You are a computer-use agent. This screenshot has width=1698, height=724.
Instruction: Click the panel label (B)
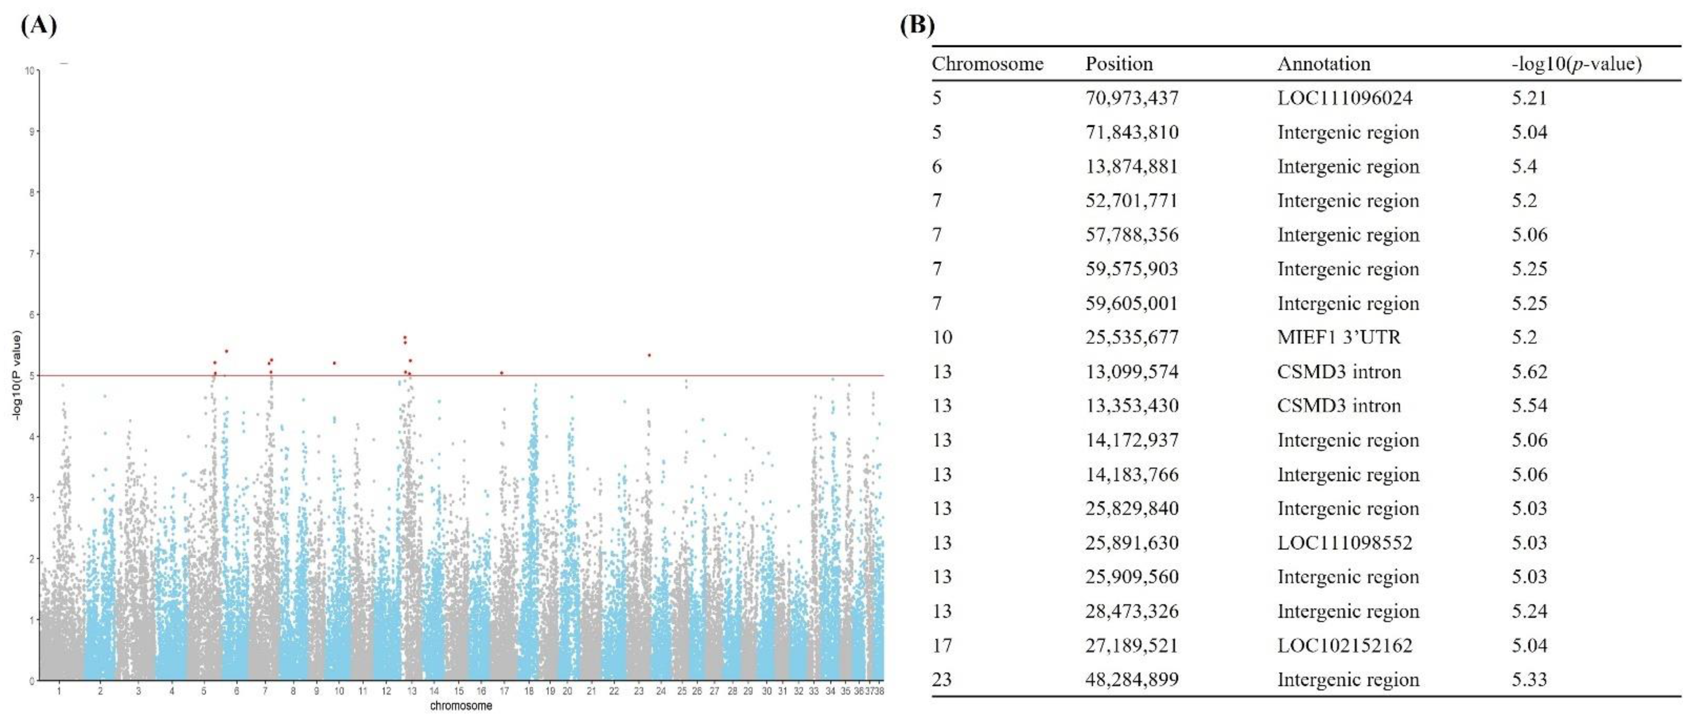[917, 26]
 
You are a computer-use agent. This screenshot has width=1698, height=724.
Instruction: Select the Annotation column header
[1324, 64]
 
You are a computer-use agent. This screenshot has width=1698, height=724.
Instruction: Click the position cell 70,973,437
[1131, 98]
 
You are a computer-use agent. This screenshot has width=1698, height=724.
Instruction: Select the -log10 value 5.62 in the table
[1529, 372]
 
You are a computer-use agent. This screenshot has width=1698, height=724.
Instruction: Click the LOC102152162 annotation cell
[1345, 645]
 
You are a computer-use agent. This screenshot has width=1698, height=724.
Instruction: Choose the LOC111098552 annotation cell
[1345, 543]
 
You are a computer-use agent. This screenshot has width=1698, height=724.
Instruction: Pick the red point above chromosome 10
[335, 363]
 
